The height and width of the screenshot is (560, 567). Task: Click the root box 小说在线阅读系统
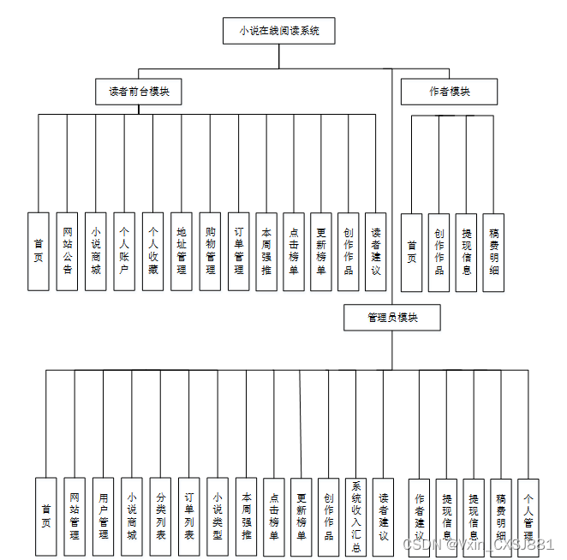[278, 31]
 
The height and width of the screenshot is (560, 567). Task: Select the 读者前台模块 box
[139, 92]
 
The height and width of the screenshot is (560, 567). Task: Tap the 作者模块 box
[449, 92]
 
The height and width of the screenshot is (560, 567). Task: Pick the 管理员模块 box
[392, 318]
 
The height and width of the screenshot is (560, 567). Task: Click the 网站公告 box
[68, 251]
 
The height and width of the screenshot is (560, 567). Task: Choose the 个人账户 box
[124, 251]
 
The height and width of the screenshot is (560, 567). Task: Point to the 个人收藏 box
[153, 251]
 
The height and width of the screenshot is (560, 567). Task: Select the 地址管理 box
[182, 251]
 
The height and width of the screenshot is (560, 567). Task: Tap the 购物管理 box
[211, 251]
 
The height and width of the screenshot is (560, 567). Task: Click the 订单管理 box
[239, 251]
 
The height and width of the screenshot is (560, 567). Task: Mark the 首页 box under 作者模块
[412, 253]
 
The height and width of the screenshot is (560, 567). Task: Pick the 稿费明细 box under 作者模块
[493, 253]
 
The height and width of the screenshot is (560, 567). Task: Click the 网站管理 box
[75, 516]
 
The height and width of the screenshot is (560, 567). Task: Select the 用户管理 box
[104, 516]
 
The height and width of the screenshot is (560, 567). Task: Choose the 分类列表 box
[160, 516]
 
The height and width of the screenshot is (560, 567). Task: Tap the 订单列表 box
[189, 516]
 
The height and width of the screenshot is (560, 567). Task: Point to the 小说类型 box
[218, 516]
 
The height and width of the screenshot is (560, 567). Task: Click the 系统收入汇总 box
[356, 516]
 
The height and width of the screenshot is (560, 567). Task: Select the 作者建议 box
[420, 516]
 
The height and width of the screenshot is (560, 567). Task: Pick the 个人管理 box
[528, 516]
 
